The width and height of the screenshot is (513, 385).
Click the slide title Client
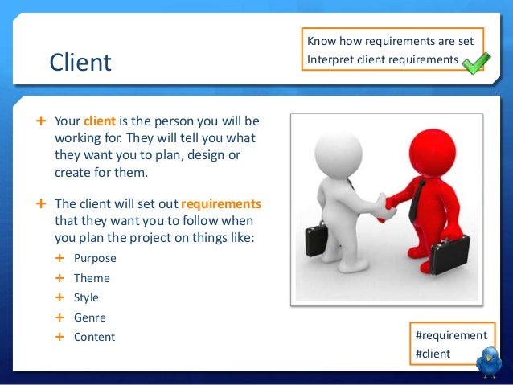point(80,61)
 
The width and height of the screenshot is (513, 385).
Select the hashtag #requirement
point(449,335)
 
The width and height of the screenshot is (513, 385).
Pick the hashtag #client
point(432,354)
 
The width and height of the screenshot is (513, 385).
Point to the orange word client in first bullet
point(100,121)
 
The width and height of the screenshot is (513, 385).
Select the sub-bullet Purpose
point(95,258)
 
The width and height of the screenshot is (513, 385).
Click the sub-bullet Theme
point(92,278)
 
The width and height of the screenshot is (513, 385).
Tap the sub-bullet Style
point(86,297)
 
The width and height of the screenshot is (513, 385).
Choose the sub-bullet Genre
point(89,317)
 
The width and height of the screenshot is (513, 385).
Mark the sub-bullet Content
point(94,337)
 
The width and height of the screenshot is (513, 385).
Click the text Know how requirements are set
point(390,41)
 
